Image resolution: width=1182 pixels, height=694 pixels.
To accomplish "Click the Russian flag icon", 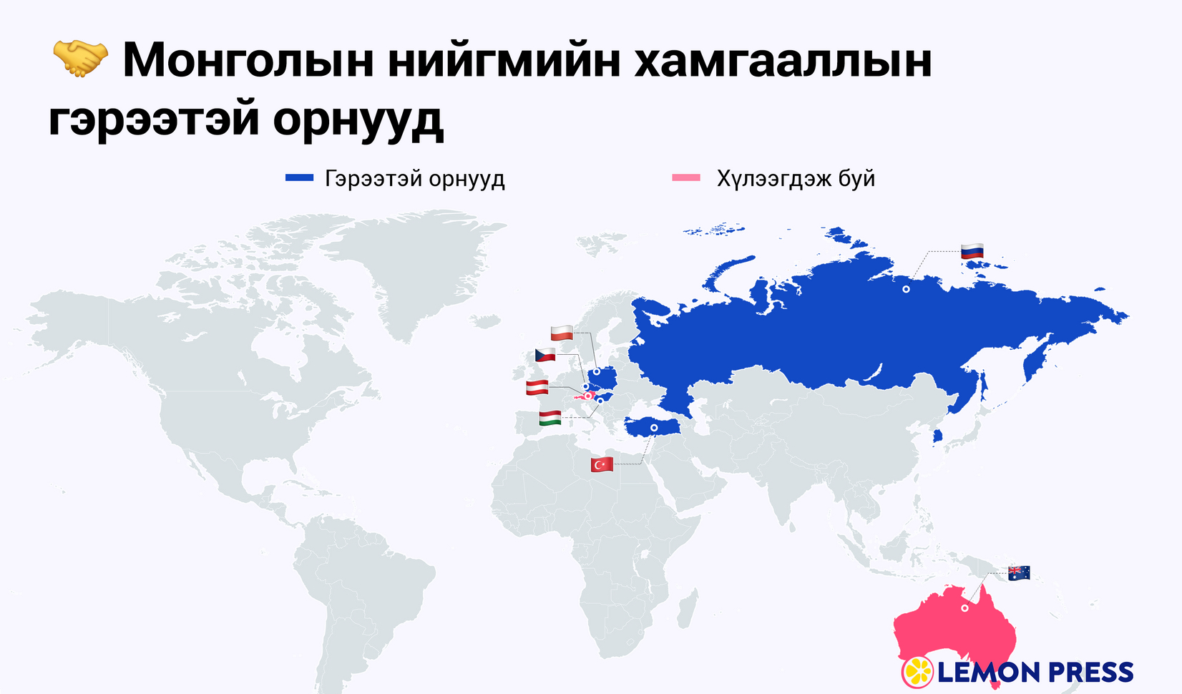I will pos(972,251).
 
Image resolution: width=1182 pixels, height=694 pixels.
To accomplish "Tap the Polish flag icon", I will pos(562,333).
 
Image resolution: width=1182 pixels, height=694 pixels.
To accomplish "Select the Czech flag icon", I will pos(545,355).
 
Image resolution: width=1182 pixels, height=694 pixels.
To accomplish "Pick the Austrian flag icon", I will pos(537,388).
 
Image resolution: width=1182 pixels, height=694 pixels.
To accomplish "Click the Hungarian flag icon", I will pos(550,418).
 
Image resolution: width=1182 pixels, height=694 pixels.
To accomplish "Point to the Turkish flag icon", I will pos(602,464).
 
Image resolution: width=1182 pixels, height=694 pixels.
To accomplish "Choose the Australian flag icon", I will pos(1019,572).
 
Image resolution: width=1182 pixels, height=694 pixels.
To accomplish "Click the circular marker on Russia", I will pos(906,289).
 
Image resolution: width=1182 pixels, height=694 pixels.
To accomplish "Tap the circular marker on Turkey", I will pos(653,428).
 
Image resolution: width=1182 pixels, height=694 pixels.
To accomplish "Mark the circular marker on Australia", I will pos(964,608).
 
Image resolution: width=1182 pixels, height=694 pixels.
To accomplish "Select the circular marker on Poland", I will pos(597,372).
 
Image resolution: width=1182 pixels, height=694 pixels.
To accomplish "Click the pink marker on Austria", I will pos(588,396).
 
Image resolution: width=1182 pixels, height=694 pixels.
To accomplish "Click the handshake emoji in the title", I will pos(80,59).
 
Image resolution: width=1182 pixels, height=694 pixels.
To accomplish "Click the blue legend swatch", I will pos(299,178).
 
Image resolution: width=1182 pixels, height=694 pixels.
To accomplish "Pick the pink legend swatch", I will pos(686,178).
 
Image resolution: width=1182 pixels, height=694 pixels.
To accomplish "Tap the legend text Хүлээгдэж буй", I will pos(796,178).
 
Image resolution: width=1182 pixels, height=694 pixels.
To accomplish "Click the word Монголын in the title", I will pos(248,60).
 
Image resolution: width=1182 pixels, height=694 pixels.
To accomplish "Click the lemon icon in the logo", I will pos(917,672).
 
